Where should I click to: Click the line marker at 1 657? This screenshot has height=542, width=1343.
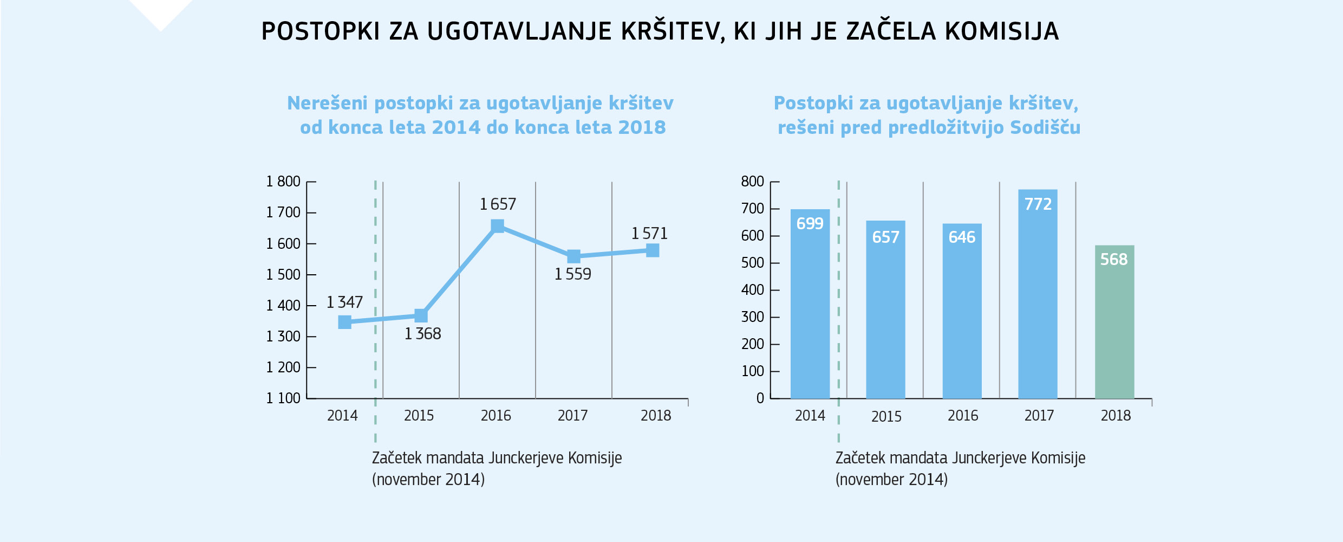(497, 226)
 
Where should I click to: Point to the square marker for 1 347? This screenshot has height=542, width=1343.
(344, 322)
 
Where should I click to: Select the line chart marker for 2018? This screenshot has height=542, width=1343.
(653, 250)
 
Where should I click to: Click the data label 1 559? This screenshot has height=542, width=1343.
(572, 274)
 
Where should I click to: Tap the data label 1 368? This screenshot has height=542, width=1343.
(422, 334)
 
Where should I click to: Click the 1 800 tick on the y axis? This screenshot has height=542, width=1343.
(283, 182)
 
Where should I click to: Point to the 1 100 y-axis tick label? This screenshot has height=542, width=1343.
(283, 398)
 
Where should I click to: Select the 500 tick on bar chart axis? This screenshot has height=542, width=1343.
(752, 263)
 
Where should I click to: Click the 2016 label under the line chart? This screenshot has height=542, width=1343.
(496, 416)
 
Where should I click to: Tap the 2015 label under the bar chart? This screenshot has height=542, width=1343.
(886, 417)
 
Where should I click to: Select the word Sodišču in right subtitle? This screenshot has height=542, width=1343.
(1045, 127)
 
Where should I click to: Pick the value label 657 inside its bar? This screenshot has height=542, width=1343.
(885, 237)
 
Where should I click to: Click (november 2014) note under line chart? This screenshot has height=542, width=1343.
(428, 480)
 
